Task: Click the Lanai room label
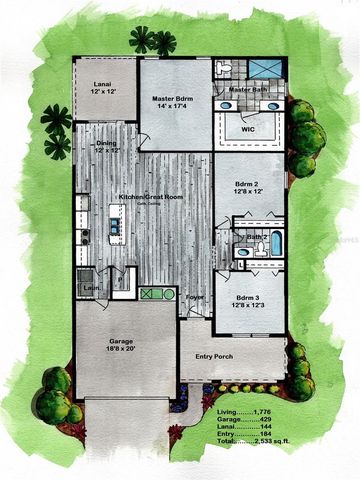pyautogui.click(x=102, y=83)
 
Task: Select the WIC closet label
pyautogui.click(x=249, y=128)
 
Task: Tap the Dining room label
pyautogui.click(x=106, y=144)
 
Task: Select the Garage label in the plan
pyautogui.click(x=121, y=341)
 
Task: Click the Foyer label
pyautogui.click(x=196, y=297)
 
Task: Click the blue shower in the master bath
pyautogui.click(x=266, y=69)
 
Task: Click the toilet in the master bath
pyautogui.click(x=224, y=67)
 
